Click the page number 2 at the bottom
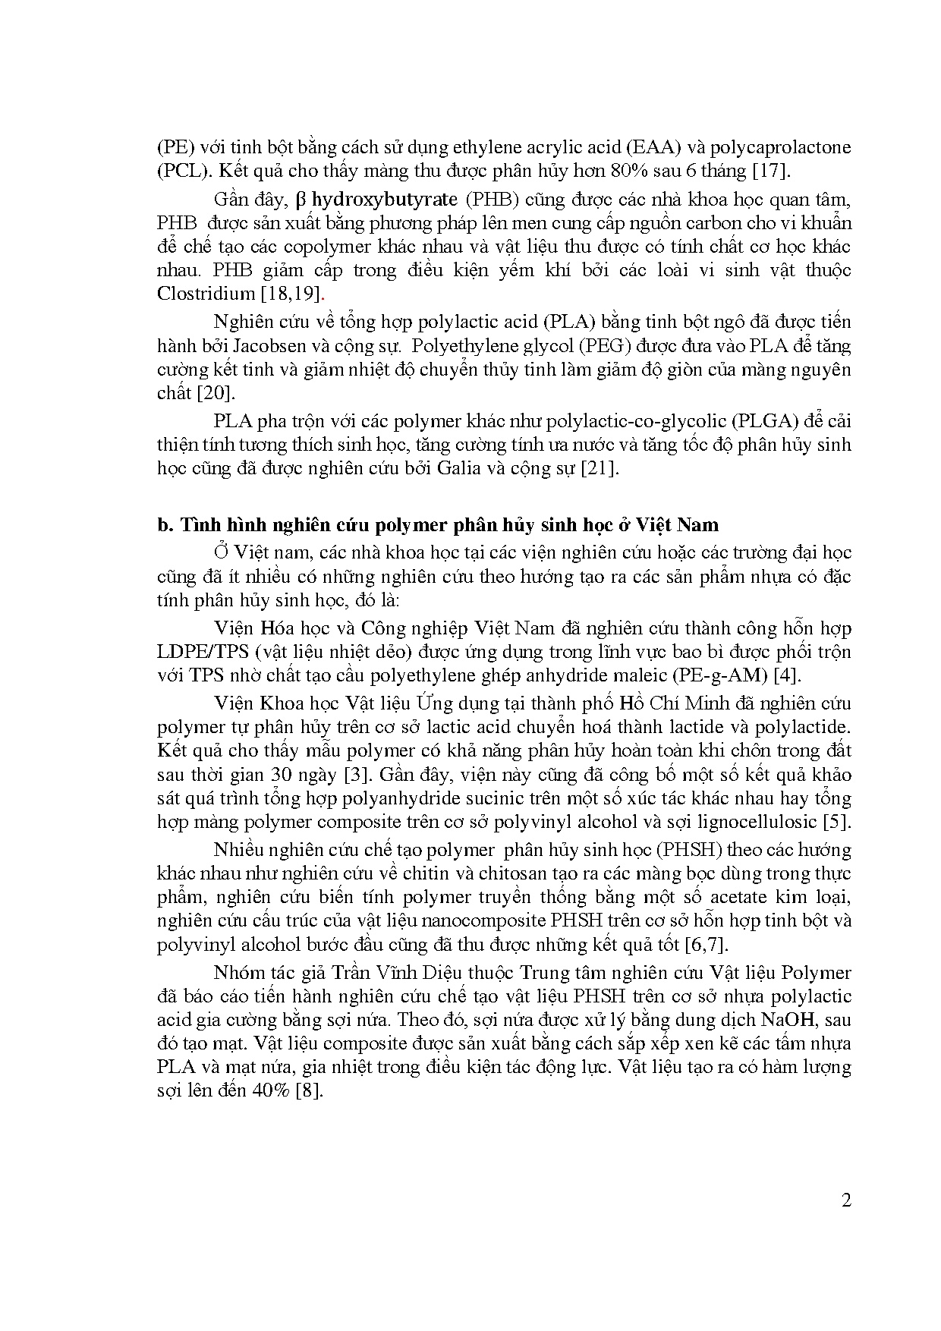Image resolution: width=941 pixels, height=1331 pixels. point(846,1200)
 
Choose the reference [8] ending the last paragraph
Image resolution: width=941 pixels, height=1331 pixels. point(310,1091)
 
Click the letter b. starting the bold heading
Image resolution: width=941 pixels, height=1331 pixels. point(165,525)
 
